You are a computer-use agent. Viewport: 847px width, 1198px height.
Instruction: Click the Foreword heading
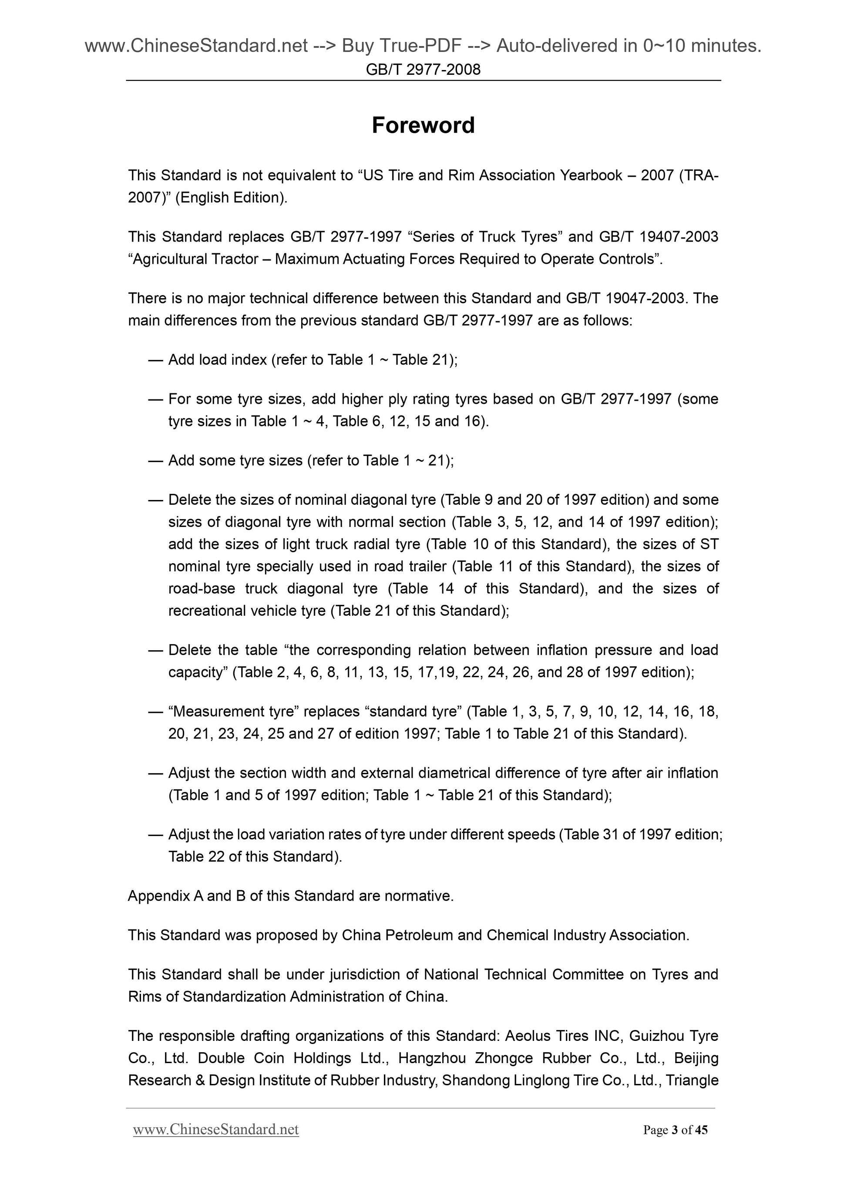point(423,125)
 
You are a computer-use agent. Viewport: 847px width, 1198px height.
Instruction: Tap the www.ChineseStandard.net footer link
point(215,1130)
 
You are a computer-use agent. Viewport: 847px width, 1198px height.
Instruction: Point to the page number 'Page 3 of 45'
point(676,1130)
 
